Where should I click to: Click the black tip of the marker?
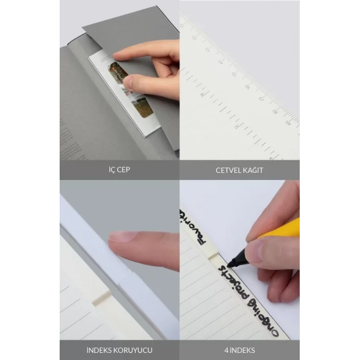[x=230, y=263]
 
